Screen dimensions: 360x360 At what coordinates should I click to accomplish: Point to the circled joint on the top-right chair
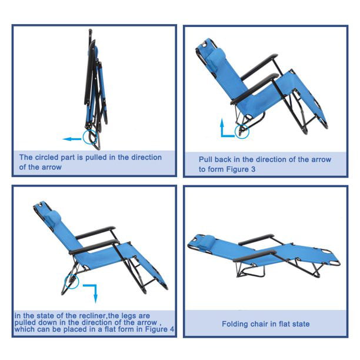[x=242, y=132]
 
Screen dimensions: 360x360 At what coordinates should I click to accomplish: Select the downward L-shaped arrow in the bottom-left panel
[x=89, y=291]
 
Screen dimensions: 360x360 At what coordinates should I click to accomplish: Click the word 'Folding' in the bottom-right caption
[x=235, y=324]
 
